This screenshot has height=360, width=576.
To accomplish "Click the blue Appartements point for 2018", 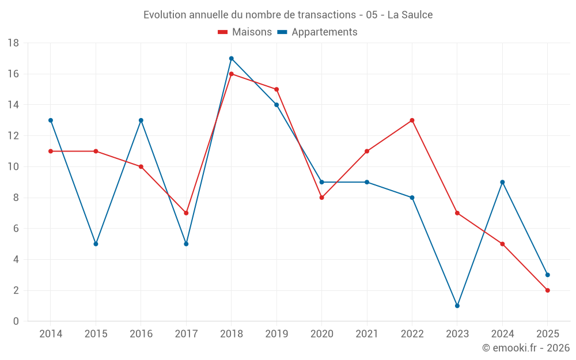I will click(231, 58).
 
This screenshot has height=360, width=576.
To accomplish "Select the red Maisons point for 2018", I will click(231, 74).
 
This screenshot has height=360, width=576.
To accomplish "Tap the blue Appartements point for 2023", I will click(457, 306).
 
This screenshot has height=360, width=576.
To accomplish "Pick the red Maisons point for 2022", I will click(412, 120).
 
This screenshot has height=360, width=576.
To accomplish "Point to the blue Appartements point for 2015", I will click(96, 244).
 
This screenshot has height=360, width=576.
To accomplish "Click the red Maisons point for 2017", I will click(186, 213).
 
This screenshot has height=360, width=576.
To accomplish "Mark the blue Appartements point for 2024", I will click(502, 182).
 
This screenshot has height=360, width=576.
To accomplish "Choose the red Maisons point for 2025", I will click(548, 290).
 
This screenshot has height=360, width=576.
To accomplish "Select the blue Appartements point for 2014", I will click(51, 120).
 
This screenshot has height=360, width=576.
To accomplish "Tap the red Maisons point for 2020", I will click(321, 198).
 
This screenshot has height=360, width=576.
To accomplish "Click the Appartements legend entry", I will click(317, 32).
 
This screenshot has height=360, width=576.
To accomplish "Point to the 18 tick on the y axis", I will click(13, 43).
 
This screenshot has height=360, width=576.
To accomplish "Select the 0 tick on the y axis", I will click(16, 321).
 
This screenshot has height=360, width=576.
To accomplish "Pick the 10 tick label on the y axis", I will click(13, 167).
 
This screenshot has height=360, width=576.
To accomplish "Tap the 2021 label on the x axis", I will click(367, 334).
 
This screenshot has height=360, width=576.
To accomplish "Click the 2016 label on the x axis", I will click(141, 334).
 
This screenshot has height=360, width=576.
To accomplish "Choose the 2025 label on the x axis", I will click(548, 334).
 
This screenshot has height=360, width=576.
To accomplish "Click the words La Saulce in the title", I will click(410, 15).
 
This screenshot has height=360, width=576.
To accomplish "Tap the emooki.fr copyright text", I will click(526, 348).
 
